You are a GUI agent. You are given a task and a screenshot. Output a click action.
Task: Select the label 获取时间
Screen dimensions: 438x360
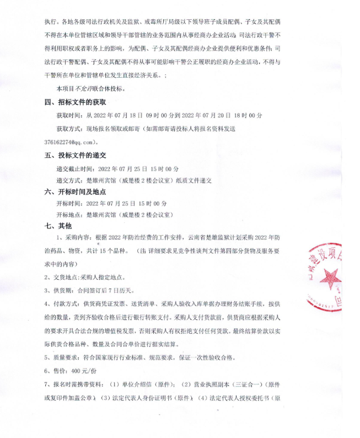[69, 116]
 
